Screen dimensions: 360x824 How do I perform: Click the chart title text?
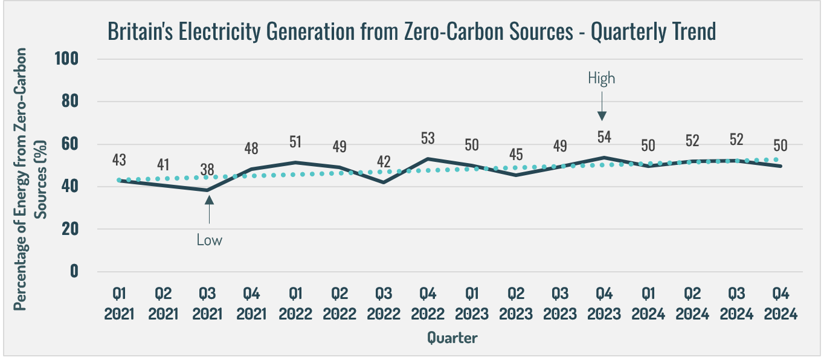[411, 31]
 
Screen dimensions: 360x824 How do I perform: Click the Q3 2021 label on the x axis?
[208, 304]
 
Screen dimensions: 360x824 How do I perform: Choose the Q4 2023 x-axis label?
[605, 304]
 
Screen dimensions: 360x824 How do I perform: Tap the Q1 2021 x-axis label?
[120, 304]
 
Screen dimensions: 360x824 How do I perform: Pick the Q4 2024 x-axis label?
[781, 304]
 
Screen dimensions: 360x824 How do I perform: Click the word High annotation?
[601, 78]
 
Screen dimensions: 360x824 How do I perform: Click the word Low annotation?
[209, 240]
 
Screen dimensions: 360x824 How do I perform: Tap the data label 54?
[604, 137]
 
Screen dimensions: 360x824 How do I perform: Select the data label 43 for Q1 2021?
[120, 161]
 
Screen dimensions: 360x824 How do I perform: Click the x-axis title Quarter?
[452, 338]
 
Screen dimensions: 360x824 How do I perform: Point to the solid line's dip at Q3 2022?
[384, 182]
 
